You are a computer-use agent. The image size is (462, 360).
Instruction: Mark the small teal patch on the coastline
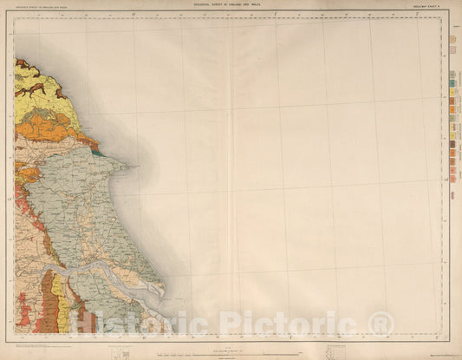click(98, 154)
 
